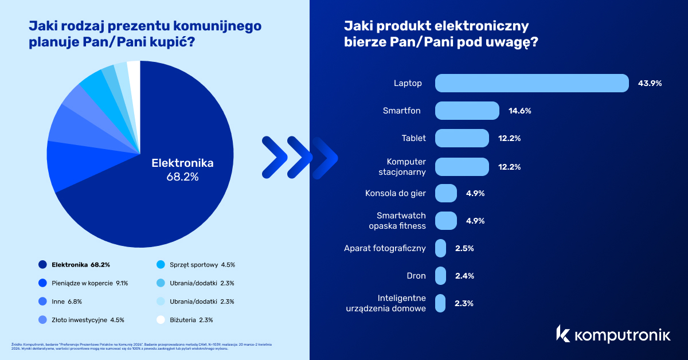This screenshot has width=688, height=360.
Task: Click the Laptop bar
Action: [532, 83]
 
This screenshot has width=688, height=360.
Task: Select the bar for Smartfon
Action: [467, 111]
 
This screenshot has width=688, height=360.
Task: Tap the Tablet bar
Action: [462, 138]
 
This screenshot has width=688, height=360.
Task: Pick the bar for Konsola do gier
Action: [446, 193]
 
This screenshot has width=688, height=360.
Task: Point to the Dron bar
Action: [441, 276]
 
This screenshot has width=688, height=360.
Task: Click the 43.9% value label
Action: [650, 83]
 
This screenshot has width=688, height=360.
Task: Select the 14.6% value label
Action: [519, 111]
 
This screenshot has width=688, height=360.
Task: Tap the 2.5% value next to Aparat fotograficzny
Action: [464, 248]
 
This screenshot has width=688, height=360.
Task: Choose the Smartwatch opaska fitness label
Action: [401, 221]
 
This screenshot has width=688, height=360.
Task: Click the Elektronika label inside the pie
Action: [182, 163]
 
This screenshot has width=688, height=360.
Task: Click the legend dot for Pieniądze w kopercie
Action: [42, 283]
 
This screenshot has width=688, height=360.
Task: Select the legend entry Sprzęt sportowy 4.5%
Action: [195, 265]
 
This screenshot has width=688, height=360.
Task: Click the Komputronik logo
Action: [612, 334]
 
